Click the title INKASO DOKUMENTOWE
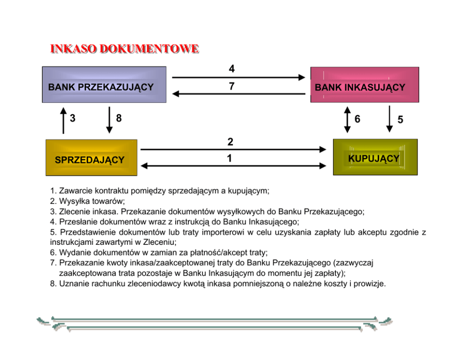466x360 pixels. coord(124,49)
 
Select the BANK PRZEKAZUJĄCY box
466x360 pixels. coord(104,85)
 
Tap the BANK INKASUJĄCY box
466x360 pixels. coord(364,85)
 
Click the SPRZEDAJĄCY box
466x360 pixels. coord(91,158)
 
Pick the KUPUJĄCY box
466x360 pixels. coord(375,157)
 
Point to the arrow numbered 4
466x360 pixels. coord(239,77)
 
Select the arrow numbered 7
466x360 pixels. coord(239,94)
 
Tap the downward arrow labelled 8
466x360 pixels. coord(109,120)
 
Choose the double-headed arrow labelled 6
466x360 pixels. coord(347,119)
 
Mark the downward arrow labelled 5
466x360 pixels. coord(389,119)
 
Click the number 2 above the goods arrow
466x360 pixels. coord(230,141)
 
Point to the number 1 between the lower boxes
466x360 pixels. coord(229,159)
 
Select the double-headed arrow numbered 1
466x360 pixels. coord(233,165)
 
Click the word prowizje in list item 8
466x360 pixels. coord(370,284)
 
